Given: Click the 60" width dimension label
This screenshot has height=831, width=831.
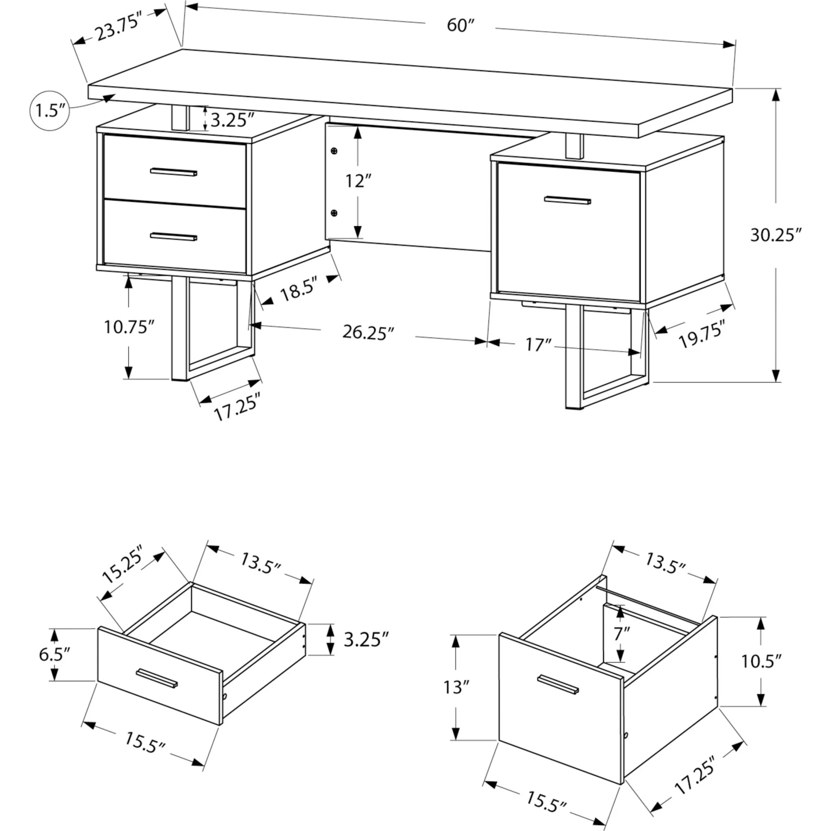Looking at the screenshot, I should tap(460, 26).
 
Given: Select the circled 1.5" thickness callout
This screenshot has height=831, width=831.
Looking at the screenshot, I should tap(50, 111).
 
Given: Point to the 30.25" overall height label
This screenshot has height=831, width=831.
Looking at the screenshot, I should tap(775, 235).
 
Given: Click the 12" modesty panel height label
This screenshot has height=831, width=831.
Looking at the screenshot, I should tap(358, 181).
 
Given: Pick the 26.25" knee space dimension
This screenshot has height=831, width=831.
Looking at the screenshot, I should tap(368, 332).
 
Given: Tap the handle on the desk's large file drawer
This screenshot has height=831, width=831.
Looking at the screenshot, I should tap(567, 200).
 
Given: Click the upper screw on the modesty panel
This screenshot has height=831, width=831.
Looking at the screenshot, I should tap(334, 151).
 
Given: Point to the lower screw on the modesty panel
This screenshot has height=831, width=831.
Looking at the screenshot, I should tap(334, 213).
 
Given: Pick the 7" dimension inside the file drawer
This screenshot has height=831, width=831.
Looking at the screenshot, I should tap(621, 645).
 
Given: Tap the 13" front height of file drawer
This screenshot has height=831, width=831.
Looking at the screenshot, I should tap(456, 687).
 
